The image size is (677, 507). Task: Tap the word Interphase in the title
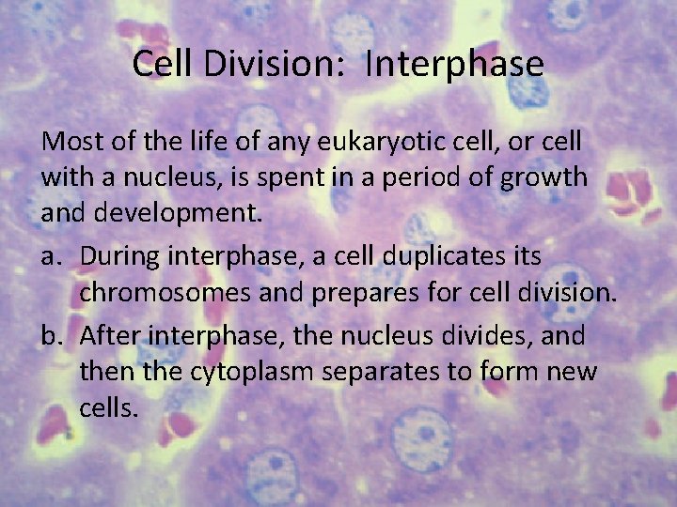pos(454,64)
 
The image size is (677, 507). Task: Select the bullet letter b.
pos(53,336)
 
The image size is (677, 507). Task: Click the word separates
pos(396,372)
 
